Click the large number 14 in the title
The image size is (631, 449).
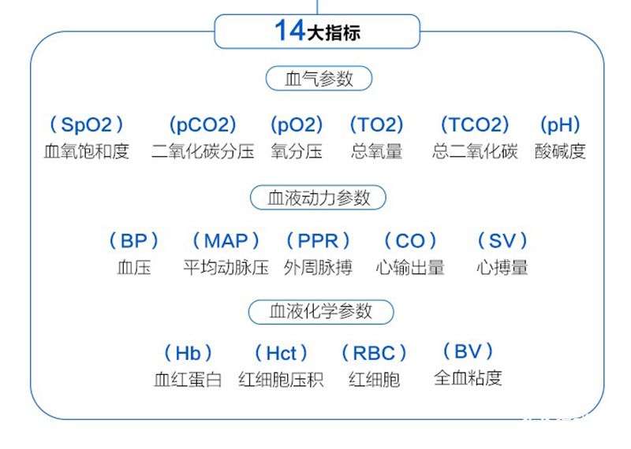(289, 31)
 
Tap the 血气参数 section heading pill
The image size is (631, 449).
(319, 79)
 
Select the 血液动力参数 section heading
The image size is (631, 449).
(319, 198)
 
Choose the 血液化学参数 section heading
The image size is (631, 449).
(320, 311)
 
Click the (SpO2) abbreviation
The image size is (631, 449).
(87, 124)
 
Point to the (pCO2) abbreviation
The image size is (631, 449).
(203, 124)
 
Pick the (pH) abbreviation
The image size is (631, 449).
(560, 124)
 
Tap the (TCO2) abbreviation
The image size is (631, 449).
(475, 124)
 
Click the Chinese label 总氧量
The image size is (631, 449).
(377, 151)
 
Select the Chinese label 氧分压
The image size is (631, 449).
(297, 151)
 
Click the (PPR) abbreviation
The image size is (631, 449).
(318, 240)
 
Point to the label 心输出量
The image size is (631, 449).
(410, 267)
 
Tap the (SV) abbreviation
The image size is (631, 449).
(502, 240)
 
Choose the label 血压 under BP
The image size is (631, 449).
(134, 267)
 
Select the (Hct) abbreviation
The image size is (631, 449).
(282, 353)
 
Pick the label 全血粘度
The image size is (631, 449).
(468, 378)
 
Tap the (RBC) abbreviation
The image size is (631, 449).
(375, 353)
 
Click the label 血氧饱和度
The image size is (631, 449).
(87, 151)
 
